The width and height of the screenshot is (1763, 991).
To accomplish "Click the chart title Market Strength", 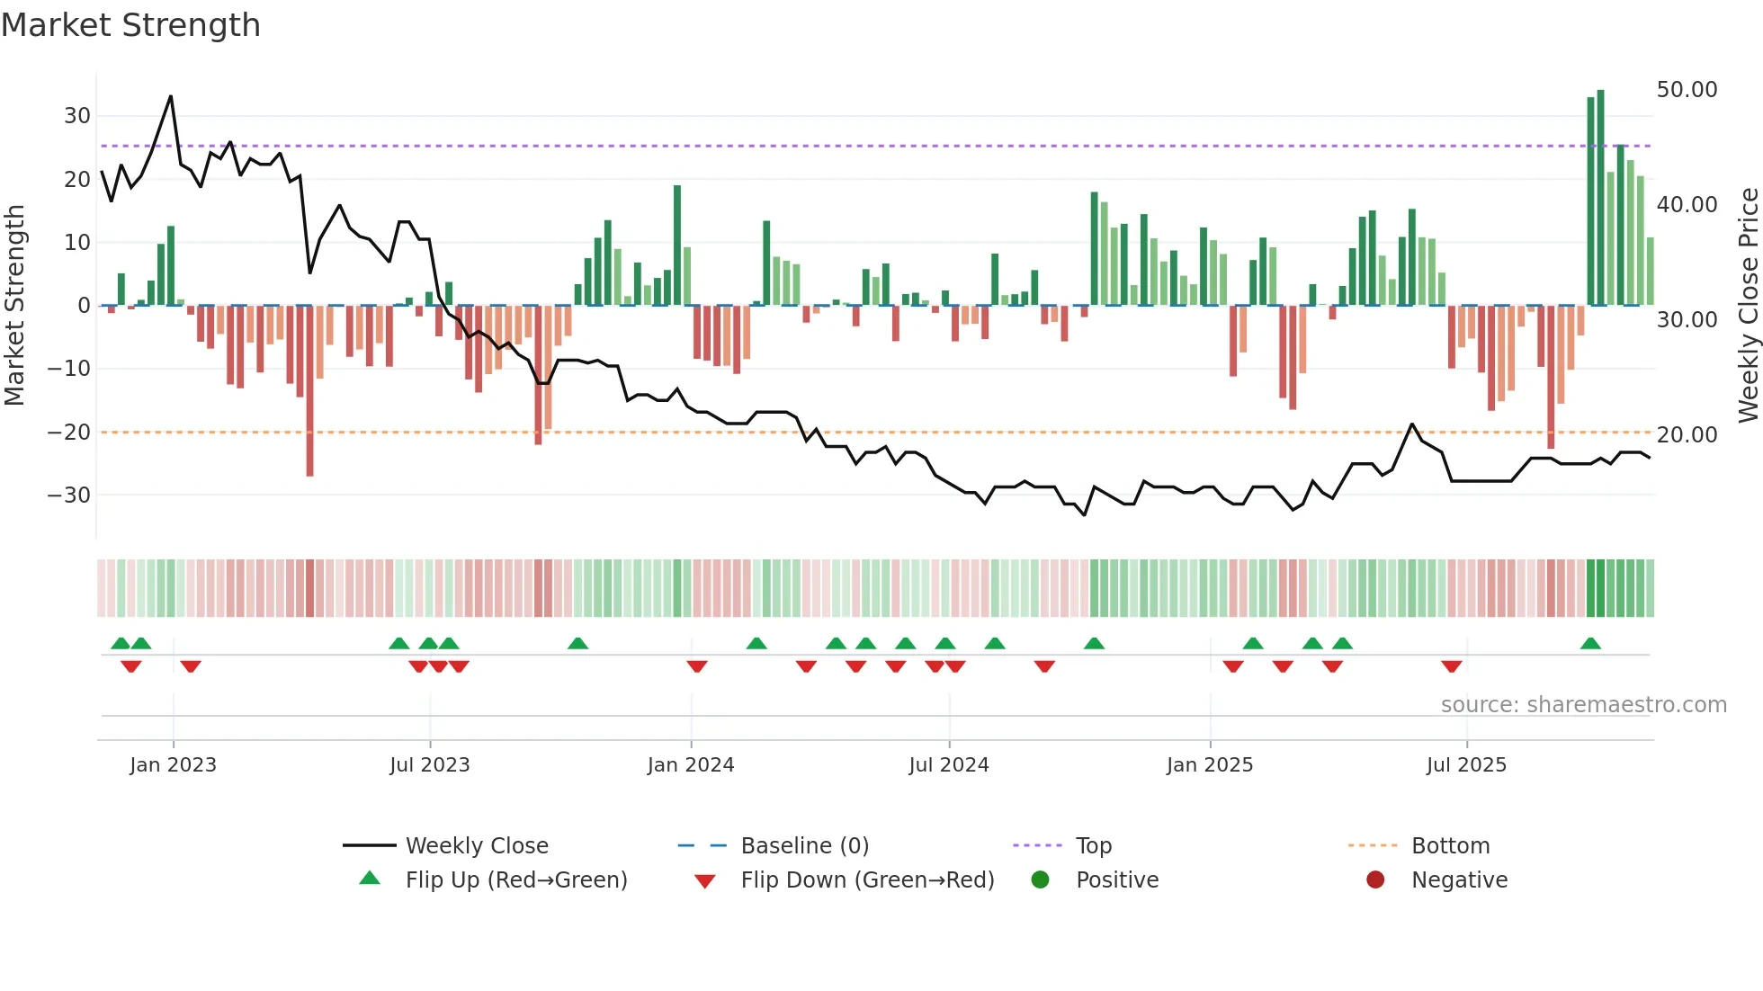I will [x=130, y=25].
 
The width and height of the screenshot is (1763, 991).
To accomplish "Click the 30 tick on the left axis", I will [x=77, y=116].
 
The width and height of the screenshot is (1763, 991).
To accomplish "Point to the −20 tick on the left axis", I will [x=70, y=433].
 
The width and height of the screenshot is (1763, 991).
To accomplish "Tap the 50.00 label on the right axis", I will [x=1687, y=90].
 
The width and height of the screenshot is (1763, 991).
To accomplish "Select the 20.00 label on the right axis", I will [x=1687, y=435].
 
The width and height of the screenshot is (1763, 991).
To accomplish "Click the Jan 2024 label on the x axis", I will [x=690, y=765].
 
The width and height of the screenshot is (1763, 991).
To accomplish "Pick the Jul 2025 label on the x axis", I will [x=1465, y=765].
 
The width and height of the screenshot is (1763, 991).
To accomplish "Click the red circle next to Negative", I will [x=1375, y=880].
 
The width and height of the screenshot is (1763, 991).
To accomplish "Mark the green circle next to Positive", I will [x=1040, y=880].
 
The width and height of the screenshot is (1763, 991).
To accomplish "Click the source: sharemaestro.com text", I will [x=1583, y=705].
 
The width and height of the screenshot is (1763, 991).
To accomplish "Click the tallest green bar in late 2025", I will [x=1600, y=198].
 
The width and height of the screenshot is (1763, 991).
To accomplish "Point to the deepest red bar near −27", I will [x=309, y=391].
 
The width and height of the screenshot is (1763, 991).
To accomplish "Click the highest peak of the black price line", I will [x=171, y=97].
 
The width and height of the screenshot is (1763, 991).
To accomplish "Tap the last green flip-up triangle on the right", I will [x=1590, y=643].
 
